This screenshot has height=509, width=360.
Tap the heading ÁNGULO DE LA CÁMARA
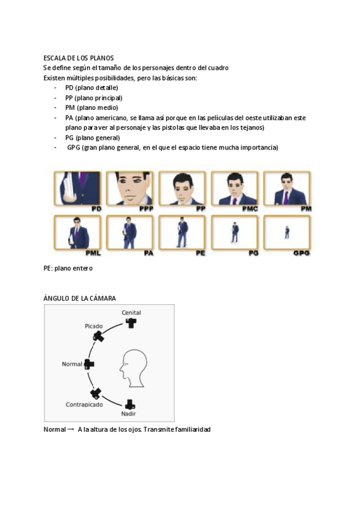80,298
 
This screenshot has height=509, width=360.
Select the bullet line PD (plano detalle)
91,88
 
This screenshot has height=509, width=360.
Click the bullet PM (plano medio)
91,107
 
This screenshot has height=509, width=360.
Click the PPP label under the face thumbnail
146,208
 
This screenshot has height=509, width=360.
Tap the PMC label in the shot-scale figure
250,208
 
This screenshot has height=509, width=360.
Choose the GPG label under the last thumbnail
302,253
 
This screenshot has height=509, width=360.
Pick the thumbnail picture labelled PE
183,232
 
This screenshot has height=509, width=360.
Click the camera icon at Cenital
131,323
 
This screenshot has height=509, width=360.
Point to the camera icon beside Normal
89,364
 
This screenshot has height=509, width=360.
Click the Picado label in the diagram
94,326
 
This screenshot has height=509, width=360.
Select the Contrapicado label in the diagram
84,405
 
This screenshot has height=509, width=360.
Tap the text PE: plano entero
68,268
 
